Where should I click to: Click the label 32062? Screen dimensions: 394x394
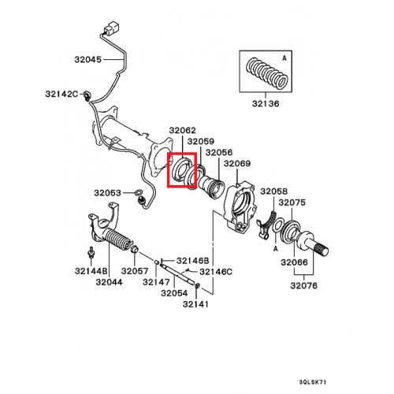click(182, 131)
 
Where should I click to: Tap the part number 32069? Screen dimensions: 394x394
click(237, 163)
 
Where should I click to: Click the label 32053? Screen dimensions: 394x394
click(109, 192)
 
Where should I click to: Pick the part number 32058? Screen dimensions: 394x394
click(275, 191)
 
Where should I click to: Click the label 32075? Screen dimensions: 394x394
click(292, 203)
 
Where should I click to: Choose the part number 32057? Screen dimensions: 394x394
click(135, 270)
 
